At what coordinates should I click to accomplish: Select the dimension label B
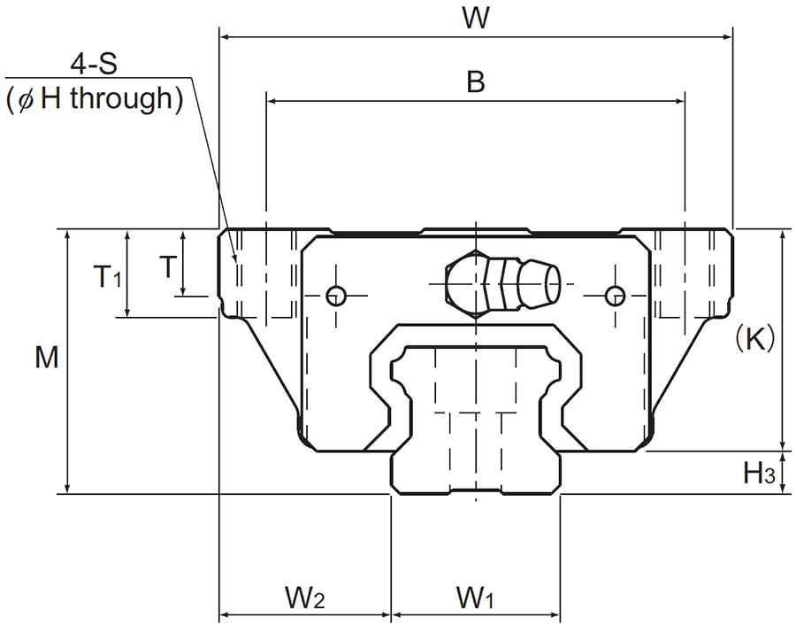coord(476,82)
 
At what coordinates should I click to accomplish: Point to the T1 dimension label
coord(108,278)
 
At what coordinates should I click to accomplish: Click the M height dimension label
coord(47,359)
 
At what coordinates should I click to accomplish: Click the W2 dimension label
coord(303,598)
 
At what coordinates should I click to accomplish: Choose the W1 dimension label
coord(475,598)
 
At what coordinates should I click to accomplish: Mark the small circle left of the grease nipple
coord(335,296)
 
